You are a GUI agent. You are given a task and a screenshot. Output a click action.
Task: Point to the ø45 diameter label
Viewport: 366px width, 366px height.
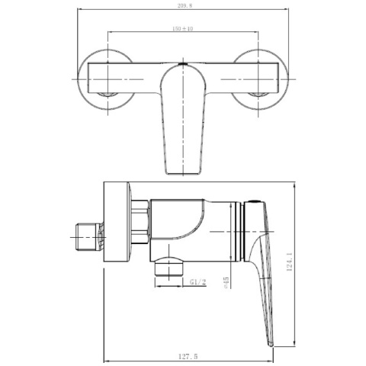coord(226,283)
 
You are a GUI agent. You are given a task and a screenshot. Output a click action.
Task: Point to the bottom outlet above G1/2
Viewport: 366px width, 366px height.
coord(169,267)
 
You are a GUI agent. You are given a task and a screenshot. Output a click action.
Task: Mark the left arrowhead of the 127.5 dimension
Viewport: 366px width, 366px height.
coord(105,349)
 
